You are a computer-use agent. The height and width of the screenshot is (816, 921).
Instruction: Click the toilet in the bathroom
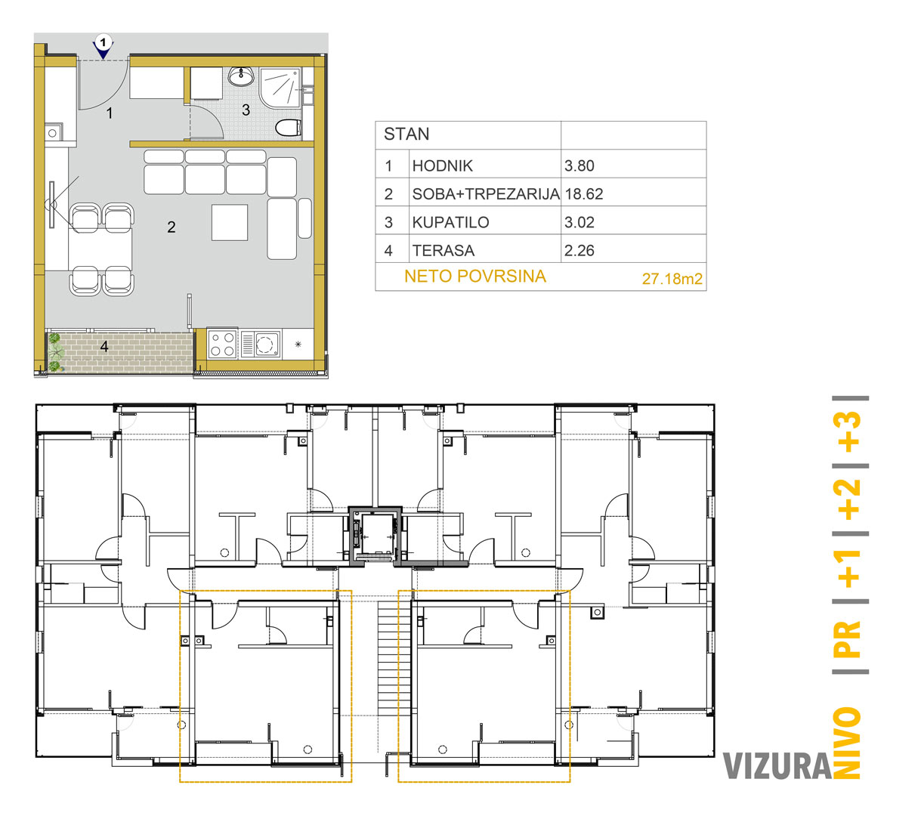pyautogui.click(x=288, y=128)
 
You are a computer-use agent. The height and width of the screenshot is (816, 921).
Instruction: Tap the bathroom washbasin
pyautogui.click(x=240, y=76)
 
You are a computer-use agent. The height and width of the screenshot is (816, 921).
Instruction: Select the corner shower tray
pyautogui.click(x=280, y=88)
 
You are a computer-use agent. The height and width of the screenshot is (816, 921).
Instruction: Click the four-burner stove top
pyautogui.click(x=222, y=344)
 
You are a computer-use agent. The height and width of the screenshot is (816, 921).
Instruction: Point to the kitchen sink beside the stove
pyautogui.click(x=261, y=344)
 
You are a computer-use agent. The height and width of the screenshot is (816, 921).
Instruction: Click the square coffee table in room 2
pyautogui.click(x=230, y=222)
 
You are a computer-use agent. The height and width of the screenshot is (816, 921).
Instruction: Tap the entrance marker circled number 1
pyautogui.click(x=104, y=43)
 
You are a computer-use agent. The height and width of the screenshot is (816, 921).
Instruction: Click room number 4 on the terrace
pyautogui.click(x=104, y=346)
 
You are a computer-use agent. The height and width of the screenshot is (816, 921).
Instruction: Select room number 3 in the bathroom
pyautogui.click(x=246, y=110)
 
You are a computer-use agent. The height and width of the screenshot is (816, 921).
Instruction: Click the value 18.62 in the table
pyautogui.click(x=584, y=194)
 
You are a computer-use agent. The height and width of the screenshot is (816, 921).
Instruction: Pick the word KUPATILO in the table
pyautogui.click(x=450, y=222)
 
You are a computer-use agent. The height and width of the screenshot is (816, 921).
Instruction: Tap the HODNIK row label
pyautogui.click(x=442, y=166)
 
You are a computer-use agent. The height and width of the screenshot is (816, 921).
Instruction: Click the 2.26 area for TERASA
pyautogui.click(x=579, y=251)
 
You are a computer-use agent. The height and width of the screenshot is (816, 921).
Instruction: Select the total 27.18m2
pyautogui.click(x=672, y=279)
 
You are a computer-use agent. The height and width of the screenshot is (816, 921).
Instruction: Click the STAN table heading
pyautogui.click(x=406, y=134)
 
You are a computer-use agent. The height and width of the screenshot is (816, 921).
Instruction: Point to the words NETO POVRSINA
pyautogui.click(x=475, y=276)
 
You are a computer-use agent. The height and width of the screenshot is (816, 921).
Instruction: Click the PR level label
pyautogui.click(x=848, y=638)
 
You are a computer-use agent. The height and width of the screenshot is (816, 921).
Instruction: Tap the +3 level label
pyautogui.click(x=848, y=431)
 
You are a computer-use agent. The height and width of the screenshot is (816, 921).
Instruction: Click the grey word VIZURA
pyautogui.click(x=777, y=766)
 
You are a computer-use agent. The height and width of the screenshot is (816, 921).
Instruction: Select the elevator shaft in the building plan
pyautogui.click(x=375, y=535)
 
